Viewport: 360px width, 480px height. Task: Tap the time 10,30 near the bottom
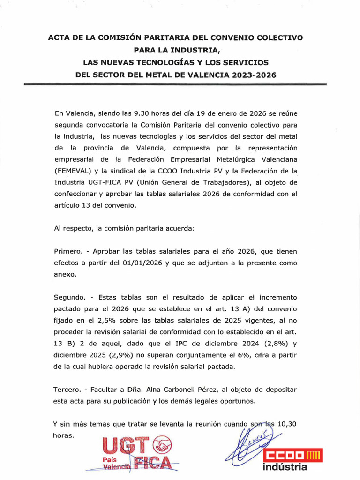287,424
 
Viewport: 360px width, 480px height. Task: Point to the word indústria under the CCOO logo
285,467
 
